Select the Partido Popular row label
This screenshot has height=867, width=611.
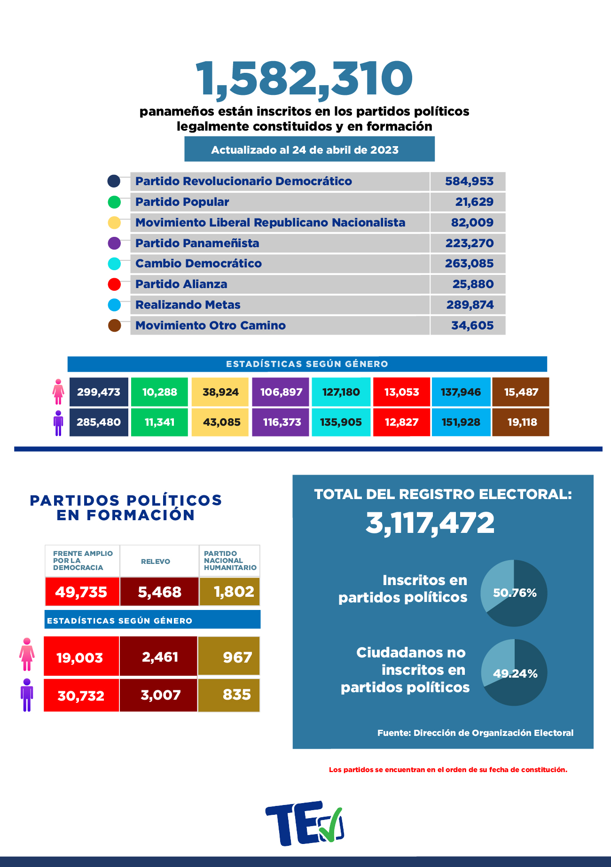(182, 202)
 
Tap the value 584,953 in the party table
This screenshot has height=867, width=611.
(469, 181)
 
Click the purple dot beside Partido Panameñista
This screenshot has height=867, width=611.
(114, 243)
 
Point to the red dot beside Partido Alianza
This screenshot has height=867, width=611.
(114, 284)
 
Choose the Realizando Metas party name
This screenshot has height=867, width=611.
(188, 305)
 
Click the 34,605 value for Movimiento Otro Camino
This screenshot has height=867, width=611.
(472, 326)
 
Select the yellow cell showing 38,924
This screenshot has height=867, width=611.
(220, 392)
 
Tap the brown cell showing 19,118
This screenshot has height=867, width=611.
(521, 422)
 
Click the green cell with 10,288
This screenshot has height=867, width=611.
(159, 392)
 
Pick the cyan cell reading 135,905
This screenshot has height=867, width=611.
(341, 422)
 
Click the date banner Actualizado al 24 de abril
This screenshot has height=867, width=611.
(309, 149)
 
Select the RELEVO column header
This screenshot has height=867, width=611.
(156, 561)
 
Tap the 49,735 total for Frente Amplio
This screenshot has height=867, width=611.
(82, 592)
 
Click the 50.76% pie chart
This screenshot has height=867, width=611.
(514, 593)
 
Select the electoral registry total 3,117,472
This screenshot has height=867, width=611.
(430, 523)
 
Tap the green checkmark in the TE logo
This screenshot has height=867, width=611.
(331, 825)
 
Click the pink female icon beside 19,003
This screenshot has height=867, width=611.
(27, 654)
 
